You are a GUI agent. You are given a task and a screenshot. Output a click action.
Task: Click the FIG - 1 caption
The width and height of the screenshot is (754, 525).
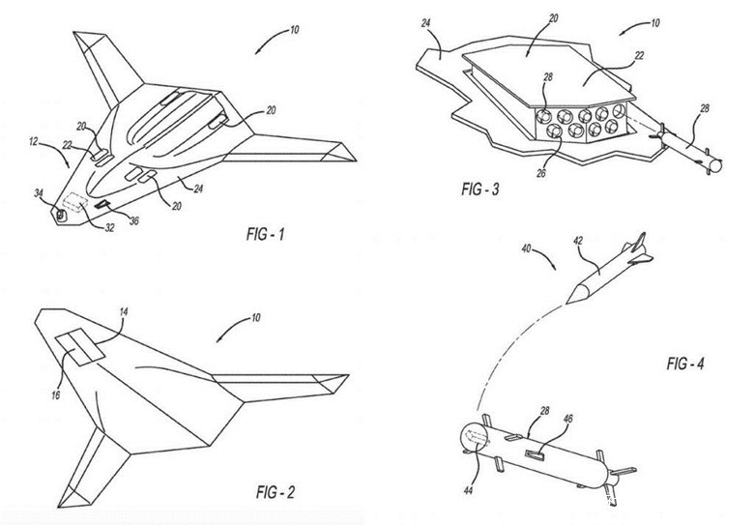pyautogui.click(x=266, y=234)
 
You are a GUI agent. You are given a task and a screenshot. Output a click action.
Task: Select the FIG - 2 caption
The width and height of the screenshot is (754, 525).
pyautogui.click(x=275, y=492)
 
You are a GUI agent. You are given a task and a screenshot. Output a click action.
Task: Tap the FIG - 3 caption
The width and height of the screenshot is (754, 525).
pyautogui.click(x=479, y=189)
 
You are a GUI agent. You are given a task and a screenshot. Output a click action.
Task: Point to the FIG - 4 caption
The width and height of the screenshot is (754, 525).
pyautogui.click(x=684, y=364)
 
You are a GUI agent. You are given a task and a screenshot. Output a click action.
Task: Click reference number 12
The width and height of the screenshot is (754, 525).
pyautogui.click(x=33, y=142)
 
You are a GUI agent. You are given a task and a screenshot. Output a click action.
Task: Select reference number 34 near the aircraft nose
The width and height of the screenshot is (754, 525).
pyautogui.click(x=39, y=193)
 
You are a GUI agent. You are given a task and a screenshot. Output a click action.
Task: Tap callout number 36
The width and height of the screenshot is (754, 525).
pyautogui.click(x=134, y=221)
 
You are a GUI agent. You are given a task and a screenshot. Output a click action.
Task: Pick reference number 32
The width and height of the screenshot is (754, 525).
pyautogui.click(x=109, y=227)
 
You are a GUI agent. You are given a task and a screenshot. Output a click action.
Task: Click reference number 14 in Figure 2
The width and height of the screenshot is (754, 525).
pyautogui.click(x=124, y=312)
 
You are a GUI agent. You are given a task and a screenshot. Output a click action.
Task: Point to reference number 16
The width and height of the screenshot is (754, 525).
pyautogui.click(x=56, y=395)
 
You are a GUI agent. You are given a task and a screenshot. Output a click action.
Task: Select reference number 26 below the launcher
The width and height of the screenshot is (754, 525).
pyautogui.click(x=541, y=173)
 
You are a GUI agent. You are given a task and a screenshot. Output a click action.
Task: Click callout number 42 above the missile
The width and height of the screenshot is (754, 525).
pyautogui.click(x=578, y=241)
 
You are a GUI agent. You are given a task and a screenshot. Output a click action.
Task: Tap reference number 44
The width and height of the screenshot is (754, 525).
pyautogui.click(x=468, y=490)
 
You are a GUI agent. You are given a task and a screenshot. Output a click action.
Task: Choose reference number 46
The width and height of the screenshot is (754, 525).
pyautogui.click(x=567, y=419)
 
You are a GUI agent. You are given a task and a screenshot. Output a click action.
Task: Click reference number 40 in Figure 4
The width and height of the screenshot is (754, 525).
pyautogui.click(x=527, y=248)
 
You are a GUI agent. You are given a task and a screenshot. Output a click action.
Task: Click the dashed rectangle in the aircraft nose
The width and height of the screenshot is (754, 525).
pyautogui.click(x=74, y=201)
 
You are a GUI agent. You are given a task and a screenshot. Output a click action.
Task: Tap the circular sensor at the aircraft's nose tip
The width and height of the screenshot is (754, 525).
pyautogui.click(x=61, y=215)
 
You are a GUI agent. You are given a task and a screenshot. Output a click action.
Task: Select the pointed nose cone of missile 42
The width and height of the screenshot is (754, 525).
pyautogui.click(x=577, y=293)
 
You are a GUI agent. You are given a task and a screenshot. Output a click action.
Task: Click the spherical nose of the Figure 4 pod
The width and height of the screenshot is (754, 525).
pyautogui.click(x=474, y=437)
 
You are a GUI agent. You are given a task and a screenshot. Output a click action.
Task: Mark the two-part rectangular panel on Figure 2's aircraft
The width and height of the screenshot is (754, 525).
pyautogui.click(x=80, y=347)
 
